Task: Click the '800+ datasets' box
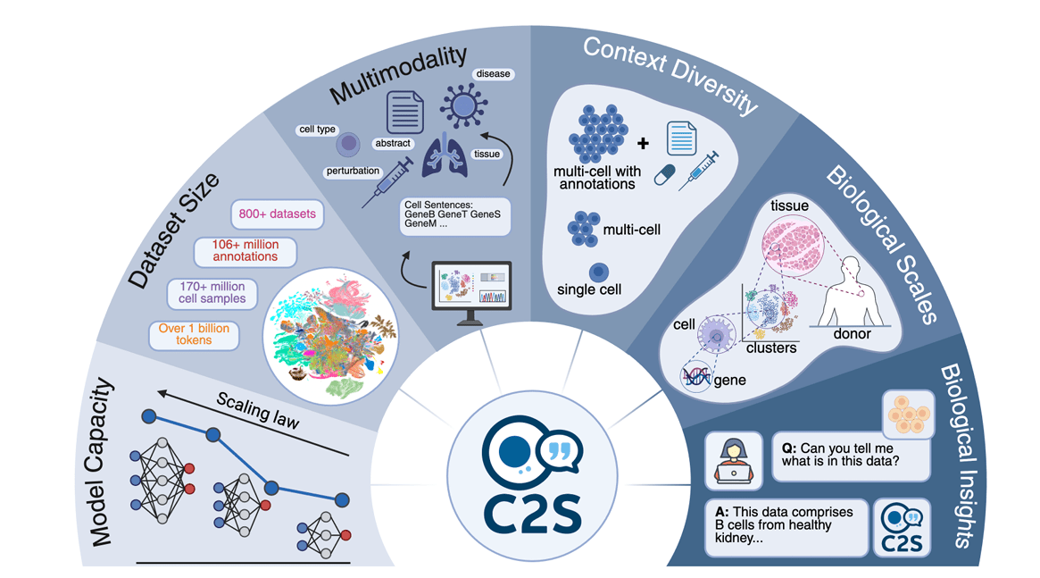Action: (277, 214)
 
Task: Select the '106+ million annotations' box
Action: (245, 251)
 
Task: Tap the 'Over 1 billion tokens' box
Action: (194, 335)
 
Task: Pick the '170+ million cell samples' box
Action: (212, 293)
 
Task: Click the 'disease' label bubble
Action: (494, 73)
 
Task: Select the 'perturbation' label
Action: (354, 171)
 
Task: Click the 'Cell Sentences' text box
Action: (454, 217)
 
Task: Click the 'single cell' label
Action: (589, 290)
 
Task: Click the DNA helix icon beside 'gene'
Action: (697, 378)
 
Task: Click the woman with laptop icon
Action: (733, 460)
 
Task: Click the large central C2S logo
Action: (532, 473)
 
